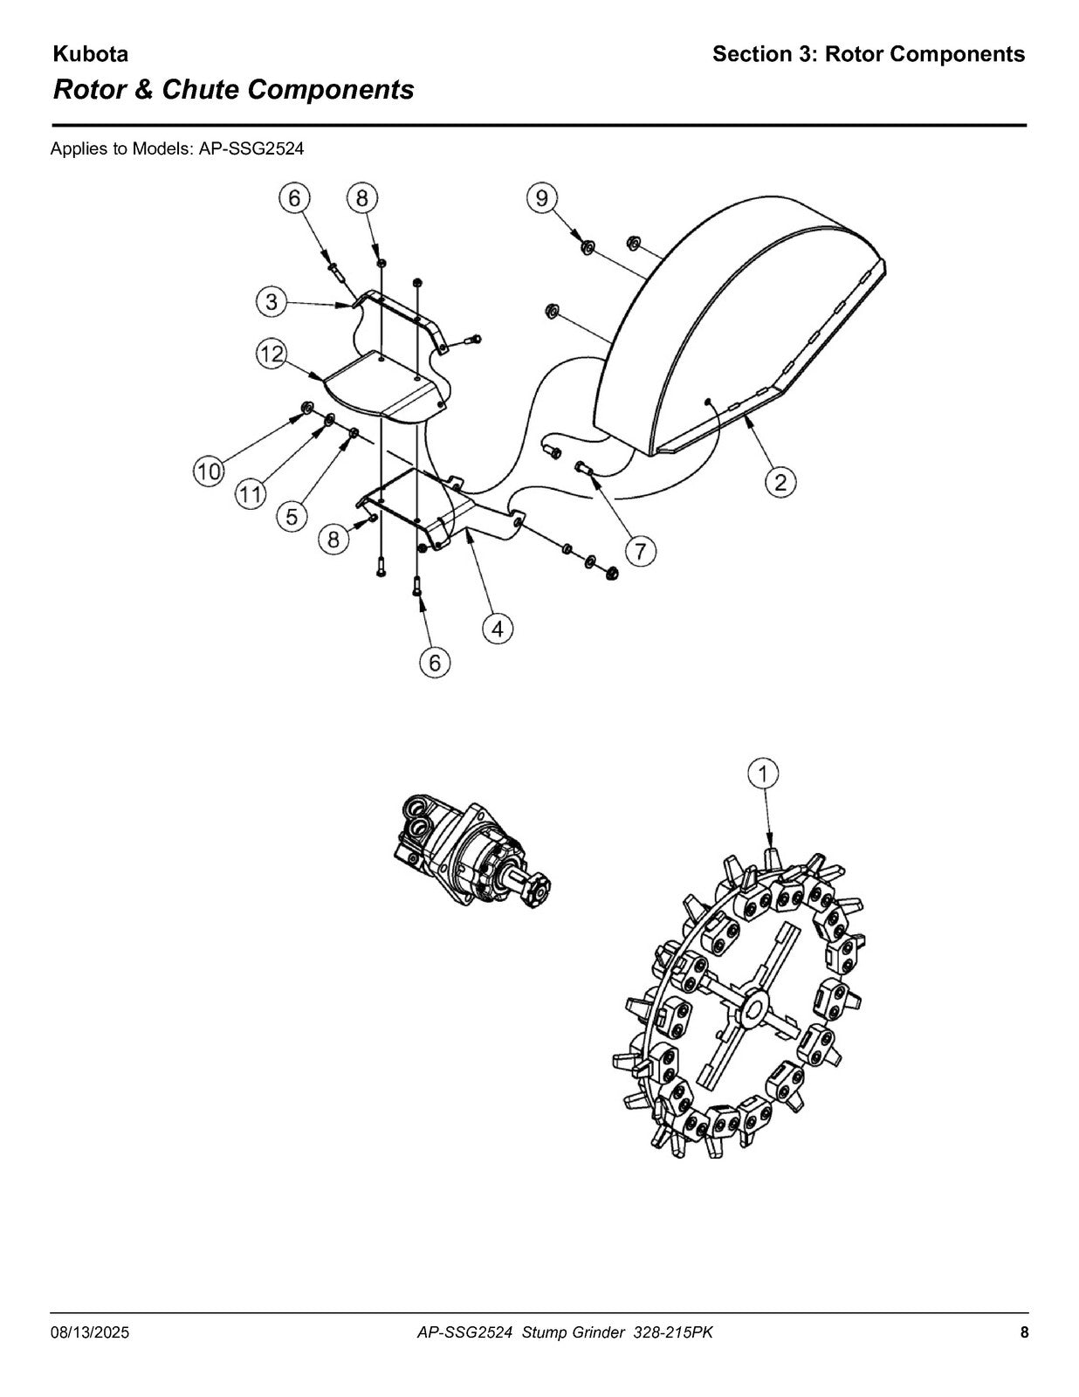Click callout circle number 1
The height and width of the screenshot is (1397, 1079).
pyautogui.click(x=764, y=774)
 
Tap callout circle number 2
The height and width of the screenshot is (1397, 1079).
pyautogui.click(x=780, y=481)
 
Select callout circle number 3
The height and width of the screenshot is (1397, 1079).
pyautogui.click(x=271, y=301)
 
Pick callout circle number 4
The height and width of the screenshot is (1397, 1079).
pyautogui.click(x=498, y=630)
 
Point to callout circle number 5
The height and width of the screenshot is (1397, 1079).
pyautogui.click(x=292, y=516)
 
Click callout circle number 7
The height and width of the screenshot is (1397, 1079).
pyautogui.click(x=641, y=552)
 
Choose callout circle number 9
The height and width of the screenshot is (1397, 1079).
pyautogui.click(x=542, y=198)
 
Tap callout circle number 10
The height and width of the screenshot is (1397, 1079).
pyautogui.click(x=209, y=472)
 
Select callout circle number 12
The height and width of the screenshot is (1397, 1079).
pyautogui.click(x=271, y=354)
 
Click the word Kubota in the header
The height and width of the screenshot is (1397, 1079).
pyautogui.click(x=91, y=54)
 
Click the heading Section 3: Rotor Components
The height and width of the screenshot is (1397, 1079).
pyautogui.click(x=869, y=54)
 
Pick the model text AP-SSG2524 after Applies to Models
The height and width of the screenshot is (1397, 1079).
pyautogui.click(x=251, y=149)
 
